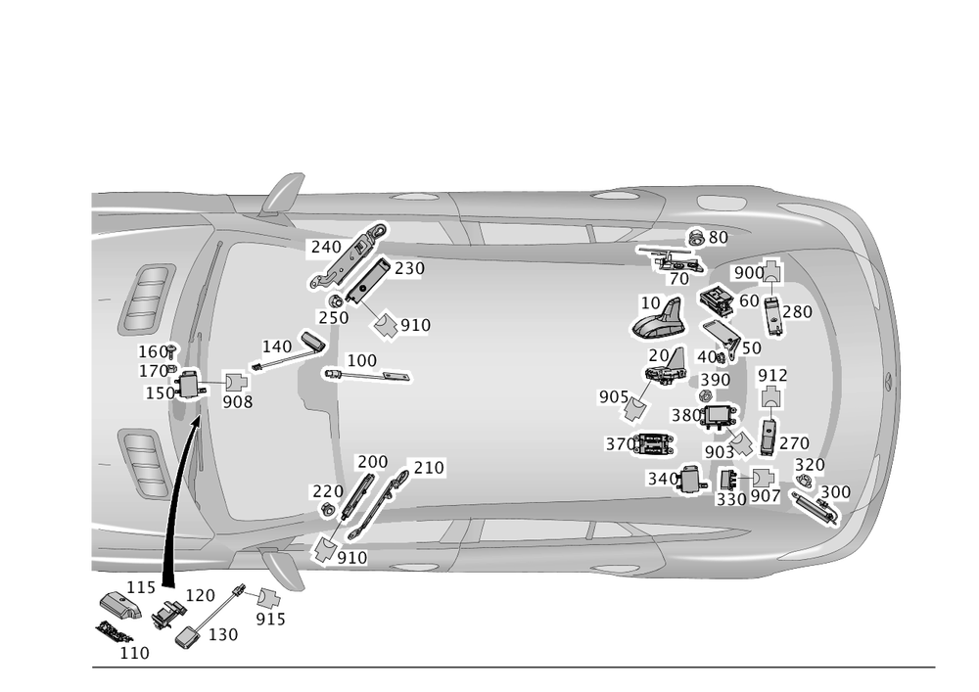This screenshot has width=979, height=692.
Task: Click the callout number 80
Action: pyautogui.click(x=718, y=238)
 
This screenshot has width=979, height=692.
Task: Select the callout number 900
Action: pyautogui.click(x=748, y=273)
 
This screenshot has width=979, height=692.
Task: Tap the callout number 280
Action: pyautogui.click(x=796, y=313)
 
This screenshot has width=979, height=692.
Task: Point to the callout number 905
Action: pyautogui.click(x=614, y=396)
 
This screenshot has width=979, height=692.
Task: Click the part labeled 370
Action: pyautogui.click(x=652, y=443)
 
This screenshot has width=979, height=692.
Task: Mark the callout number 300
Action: pyautogui.click(x=834, y=491)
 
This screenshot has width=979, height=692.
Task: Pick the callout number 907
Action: pyautogui.click(x=765, y=497)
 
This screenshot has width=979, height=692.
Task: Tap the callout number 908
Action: pyautogui.click(x=237, y=401)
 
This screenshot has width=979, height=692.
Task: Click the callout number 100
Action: pyautogui.click(x=361, y=361)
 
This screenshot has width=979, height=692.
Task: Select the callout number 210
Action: pyautogui.click(x=427, y=469)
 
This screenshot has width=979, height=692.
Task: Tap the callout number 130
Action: pyautogui.click(x=223, y=635)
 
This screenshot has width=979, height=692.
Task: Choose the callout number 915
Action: pyautogui.click(x=270, y=620)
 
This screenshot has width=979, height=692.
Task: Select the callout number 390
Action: pyautogui.click(x=715, y=380)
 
